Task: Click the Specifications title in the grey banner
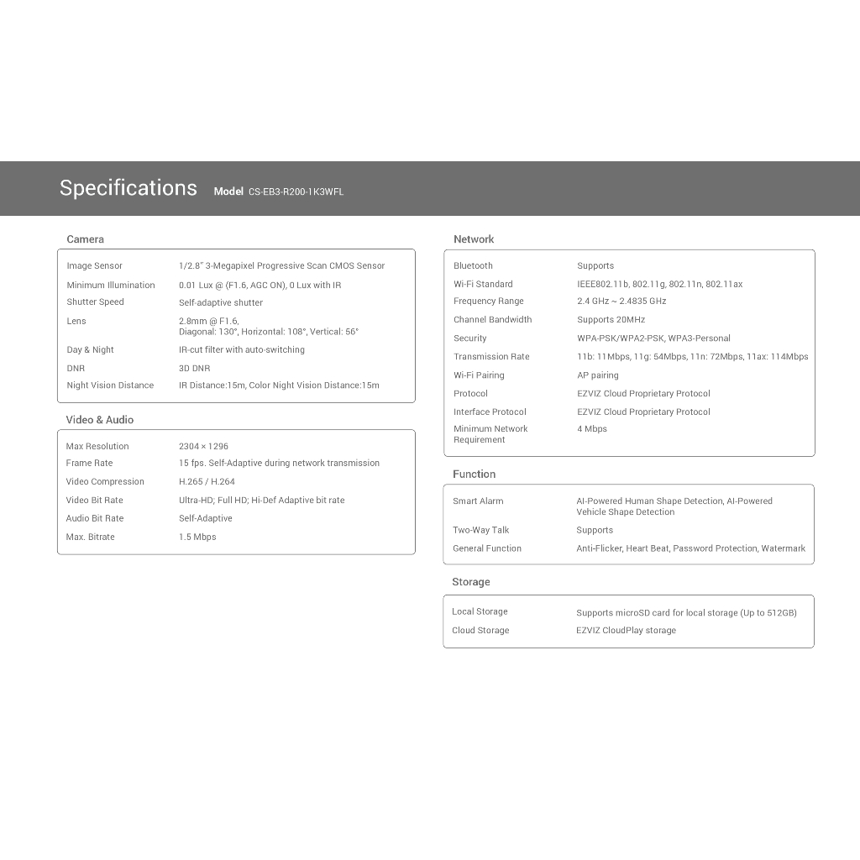point(128,188)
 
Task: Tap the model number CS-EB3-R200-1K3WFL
point(296,191)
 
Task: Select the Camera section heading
point(85,239)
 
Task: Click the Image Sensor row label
point(94,266)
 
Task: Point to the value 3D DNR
point(194,369)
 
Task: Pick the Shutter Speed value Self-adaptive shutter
point(220,302)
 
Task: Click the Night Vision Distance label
point(110,385)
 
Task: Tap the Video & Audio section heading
point(99,420)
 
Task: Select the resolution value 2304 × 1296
point(203,447)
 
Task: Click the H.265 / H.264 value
point(207,482)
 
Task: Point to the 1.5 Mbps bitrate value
point(197,537)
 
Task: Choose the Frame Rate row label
point(89,464)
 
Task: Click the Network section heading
point(474,239)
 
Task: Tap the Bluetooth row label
point(473,266)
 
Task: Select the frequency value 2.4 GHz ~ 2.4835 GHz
point(621,302)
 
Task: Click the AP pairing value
point(597,375)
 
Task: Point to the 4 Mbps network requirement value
point(591,429)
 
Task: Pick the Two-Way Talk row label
point(480,531)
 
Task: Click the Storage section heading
point(470,582)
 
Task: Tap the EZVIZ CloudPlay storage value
point(626,631)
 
